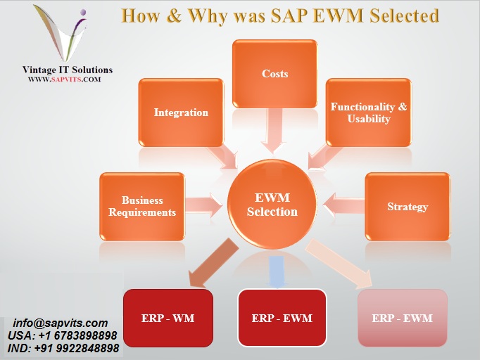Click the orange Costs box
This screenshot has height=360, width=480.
(274, 74)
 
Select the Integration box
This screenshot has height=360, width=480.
(181, 112)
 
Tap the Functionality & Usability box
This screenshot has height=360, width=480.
(368, 112)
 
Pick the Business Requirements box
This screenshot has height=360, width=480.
(142, 206)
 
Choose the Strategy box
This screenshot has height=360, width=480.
(407, 207)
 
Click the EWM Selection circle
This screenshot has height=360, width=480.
(272, 205)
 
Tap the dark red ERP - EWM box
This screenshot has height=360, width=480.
(282, 318)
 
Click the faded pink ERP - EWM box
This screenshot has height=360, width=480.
(402, 318)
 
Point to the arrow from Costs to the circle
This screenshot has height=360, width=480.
(274, 131)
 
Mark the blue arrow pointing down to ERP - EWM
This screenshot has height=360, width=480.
(277, 271)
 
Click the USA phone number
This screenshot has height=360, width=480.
(63, 336)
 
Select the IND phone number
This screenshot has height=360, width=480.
(64, 349)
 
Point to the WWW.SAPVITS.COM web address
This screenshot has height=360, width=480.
(65, 79)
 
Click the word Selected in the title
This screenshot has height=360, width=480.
(396, 15)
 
